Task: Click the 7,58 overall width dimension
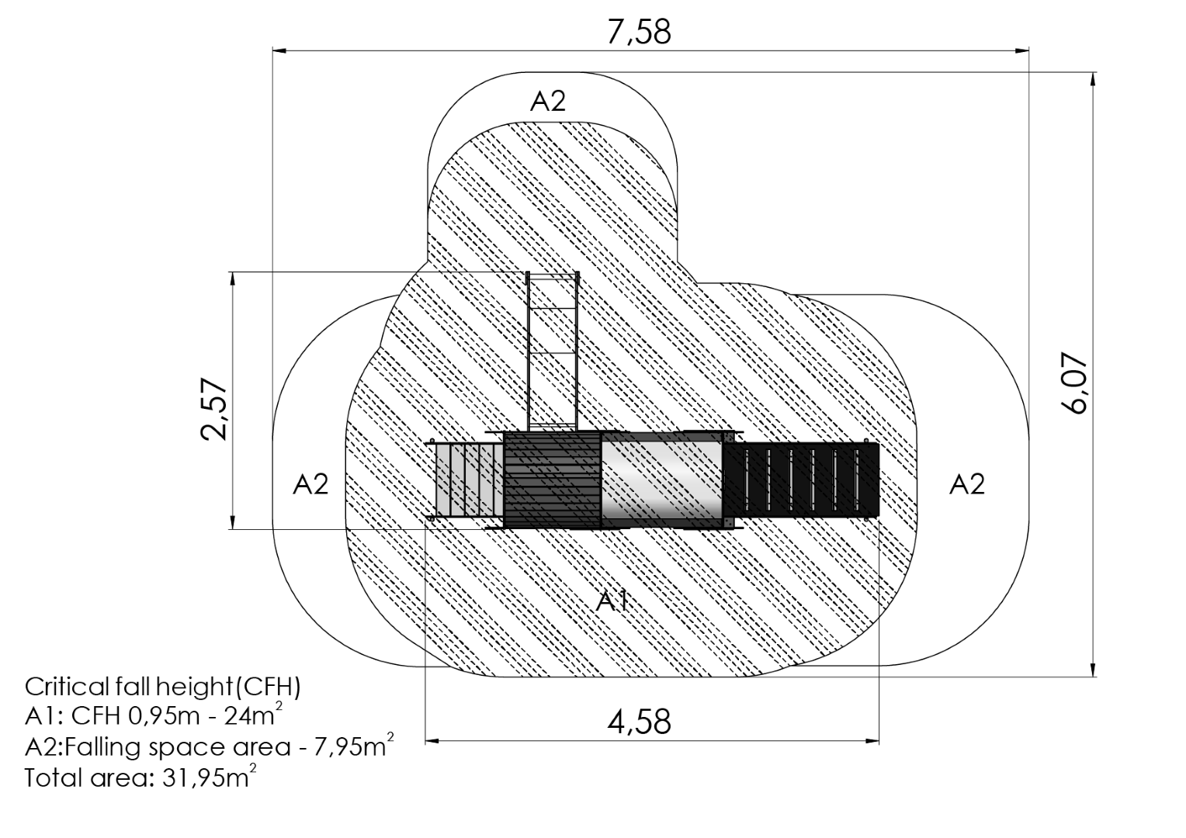pos(639,32)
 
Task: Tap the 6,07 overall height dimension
pos(1074,383)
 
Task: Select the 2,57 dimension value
pos(214,409)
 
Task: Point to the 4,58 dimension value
pos(639,722)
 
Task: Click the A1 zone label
pos(613,601)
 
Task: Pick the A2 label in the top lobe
pos(548,101)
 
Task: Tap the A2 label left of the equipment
pos(310,484)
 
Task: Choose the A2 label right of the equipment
pos(967,484)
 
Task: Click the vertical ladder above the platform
pos(553,351)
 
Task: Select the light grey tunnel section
pos(662,480)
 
